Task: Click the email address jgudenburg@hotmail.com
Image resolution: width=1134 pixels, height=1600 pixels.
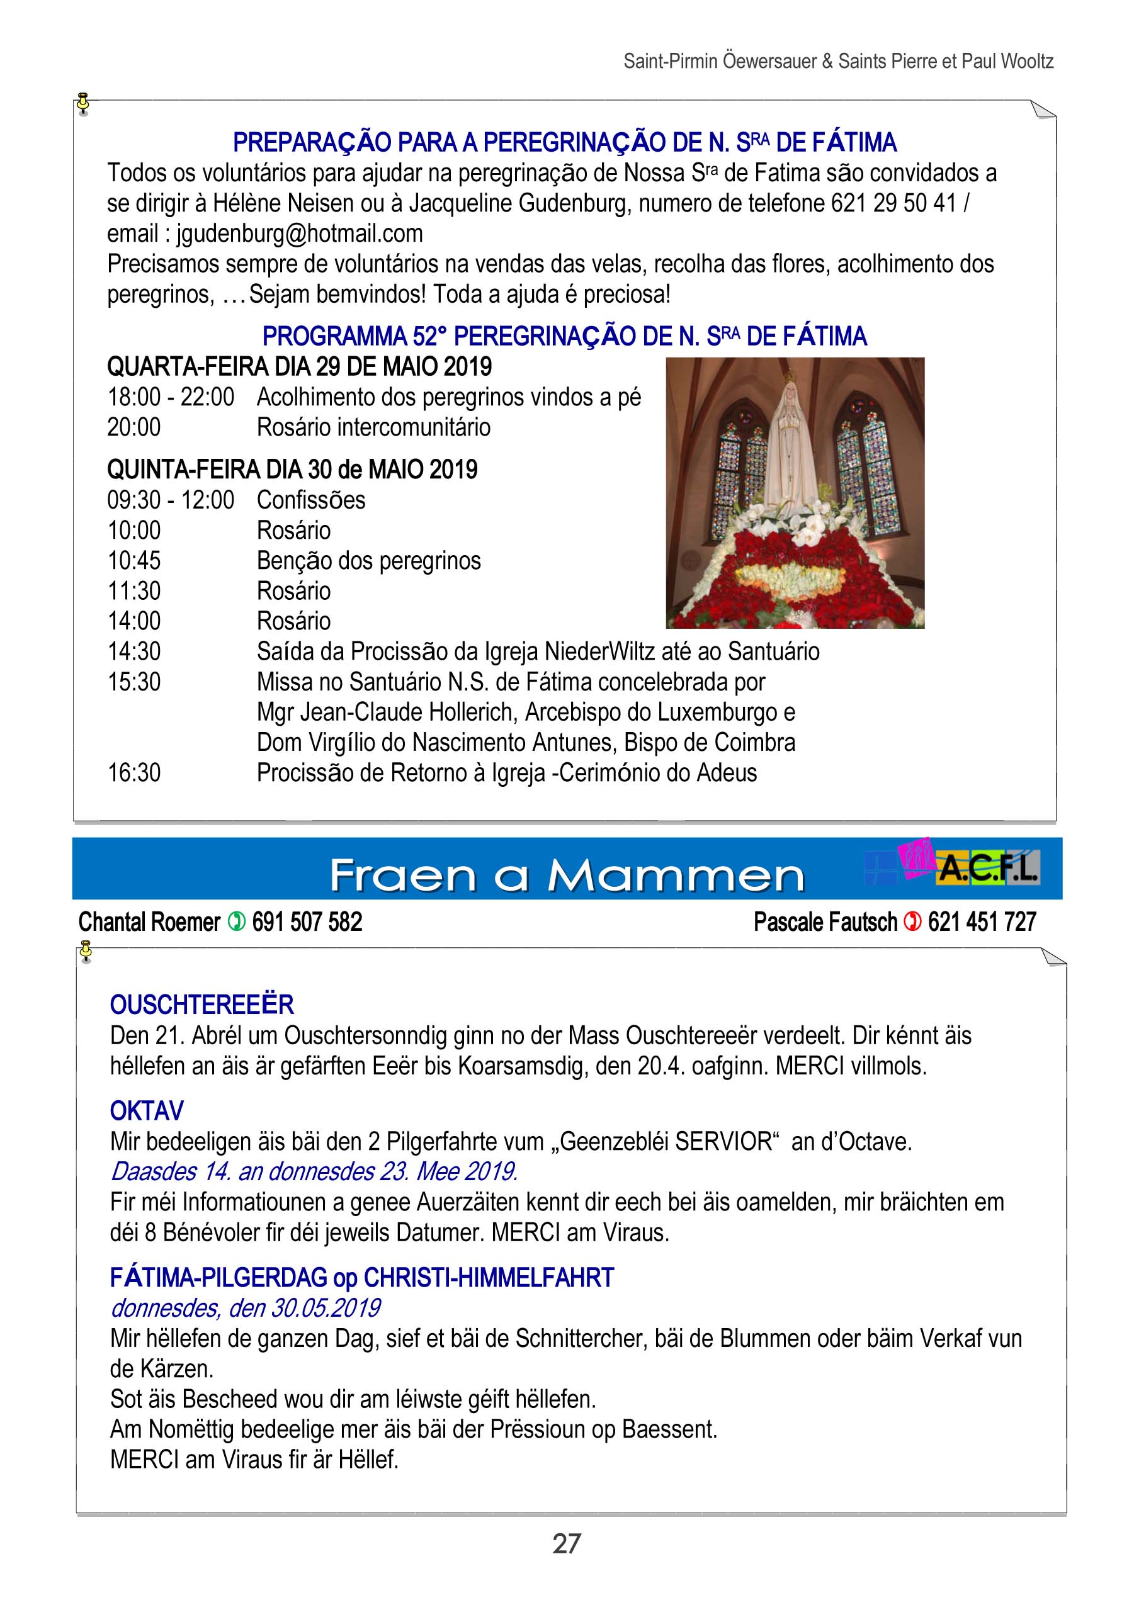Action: (x=299, y=233)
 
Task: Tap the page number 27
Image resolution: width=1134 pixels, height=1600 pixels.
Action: (x=566, y=1543)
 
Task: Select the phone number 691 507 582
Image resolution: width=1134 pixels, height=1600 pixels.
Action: (x=307, y=922)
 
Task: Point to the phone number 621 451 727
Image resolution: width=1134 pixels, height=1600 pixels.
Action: (x=982, y=922)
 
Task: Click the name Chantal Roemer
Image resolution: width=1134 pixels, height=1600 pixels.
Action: (x=149, y=922)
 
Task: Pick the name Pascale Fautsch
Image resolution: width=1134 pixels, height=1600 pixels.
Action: (x=825, y=922)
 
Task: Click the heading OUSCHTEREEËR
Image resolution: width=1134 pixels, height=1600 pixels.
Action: (x=201, y=1005)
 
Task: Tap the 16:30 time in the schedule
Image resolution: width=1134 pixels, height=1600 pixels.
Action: (x=134, y=773)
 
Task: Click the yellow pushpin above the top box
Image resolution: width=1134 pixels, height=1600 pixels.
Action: (x=84, y=102)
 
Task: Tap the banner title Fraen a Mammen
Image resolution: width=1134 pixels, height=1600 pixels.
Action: (x=566, y=876)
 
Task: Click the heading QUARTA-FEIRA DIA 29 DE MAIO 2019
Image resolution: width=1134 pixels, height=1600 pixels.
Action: (x=299, y=366)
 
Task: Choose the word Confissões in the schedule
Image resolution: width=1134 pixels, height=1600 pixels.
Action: (x=311, y=500)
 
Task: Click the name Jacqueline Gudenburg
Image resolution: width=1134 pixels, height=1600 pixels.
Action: (x=518, y=203)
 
